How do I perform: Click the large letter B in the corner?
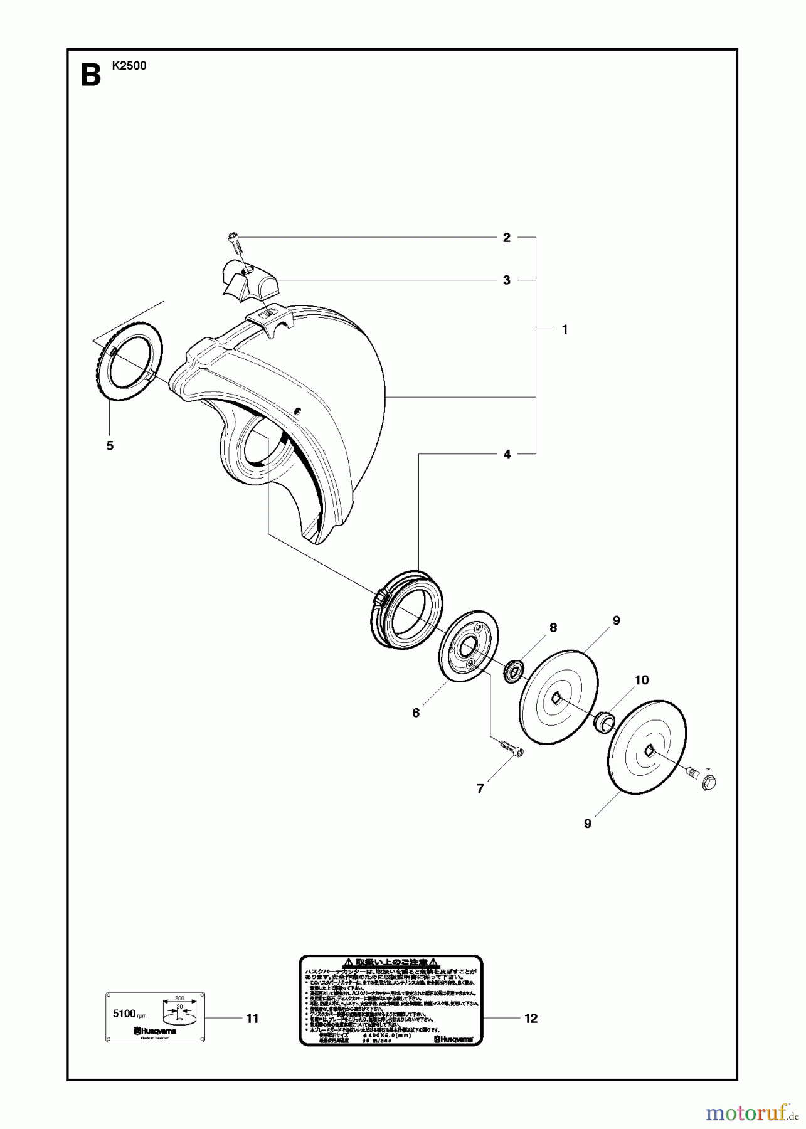(90, 75)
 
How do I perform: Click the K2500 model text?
(129, 65)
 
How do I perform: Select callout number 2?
(507, 238)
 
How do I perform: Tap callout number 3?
(507, 280)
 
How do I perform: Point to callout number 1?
(565, 329)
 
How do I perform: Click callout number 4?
(507, 454)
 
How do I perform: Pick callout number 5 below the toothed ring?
(110, 445)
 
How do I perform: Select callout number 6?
(416, 713)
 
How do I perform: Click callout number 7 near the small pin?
(480, 789)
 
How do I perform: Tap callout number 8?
(553, 628)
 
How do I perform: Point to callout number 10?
(642, 680)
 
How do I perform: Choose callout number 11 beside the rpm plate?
(252, 1019)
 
